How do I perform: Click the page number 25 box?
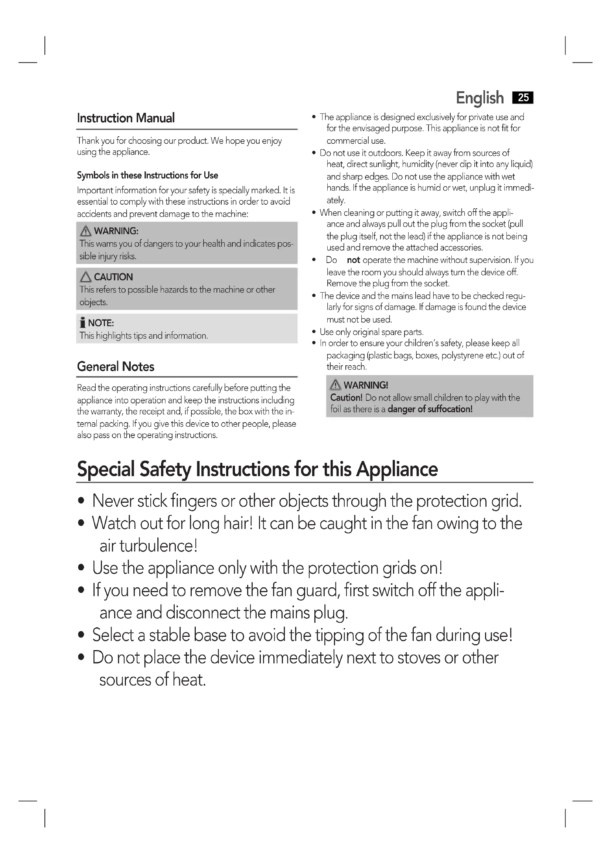(523, 98)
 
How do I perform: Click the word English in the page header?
(479, 98)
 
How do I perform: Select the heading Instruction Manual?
(126, 118)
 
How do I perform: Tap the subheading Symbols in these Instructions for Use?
(147, 175)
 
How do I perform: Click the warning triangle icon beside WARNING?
(86, 230)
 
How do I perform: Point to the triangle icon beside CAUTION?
(86, 277)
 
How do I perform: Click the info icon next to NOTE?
(82, 323)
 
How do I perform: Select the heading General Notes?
(116, 366)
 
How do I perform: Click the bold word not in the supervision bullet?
(353, 260)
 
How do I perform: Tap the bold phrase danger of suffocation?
(430, 409)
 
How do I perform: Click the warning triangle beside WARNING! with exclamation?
(335, 385)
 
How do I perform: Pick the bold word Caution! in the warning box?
(346, 398)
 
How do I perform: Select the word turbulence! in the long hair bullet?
(158, 546)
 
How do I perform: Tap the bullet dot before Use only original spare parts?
(314, 332)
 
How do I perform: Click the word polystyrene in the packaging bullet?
(468, 356)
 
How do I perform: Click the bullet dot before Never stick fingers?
(81, 501)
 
